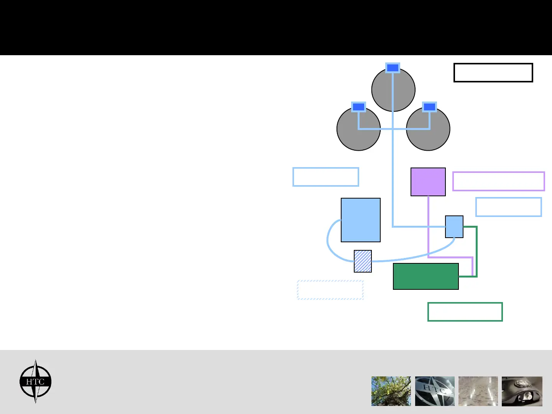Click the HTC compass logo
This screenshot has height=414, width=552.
pyautogui.click(x=35, y=381)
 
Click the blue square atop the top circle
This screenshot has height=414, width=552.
pyautogui.click(x=393, y=68)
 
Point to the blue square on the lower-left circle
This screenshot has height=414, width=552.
pyautogui.click(x=358, y=107)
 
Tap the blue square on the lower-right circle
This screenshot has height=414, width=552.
pyautogui.click(x=429, y=107)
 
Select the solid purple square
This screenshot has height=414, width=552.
pyautogui.click(x=428, y=182)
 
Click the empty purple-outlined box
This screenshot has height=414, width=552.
pyautogui.click(x=498, y=181)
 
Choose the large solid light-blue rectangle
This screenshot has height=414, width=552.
pyautogui.click(x=360, y=220)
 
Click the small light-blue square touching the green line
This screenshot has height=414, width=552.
pyautogui.click(x=454, y=227)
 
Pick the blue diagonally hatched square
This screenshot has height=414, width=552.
pyautogui.click(x=363, y=261)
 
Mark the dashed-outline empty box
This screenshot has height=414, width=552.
pyautogui.click(x=330, y=290)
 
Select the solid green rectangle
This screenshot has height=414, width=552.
pyautogui.click(x=426, y=276)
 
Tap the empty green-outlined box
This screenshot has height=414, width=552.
pyautogui.click(x=465, y=312)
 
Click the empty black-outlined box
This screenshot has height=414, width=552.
pyautogui.click(x=493, y=72)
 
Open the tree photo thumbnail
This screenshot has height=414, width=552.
pyautogui.click(x=391, y=391)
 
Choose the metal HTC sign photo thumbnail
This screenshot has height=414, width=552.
pyautogui.click(x=435, y=391)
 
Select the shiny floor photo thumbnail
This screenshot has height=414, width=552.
pyautogui.click(x=478, y=391)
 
